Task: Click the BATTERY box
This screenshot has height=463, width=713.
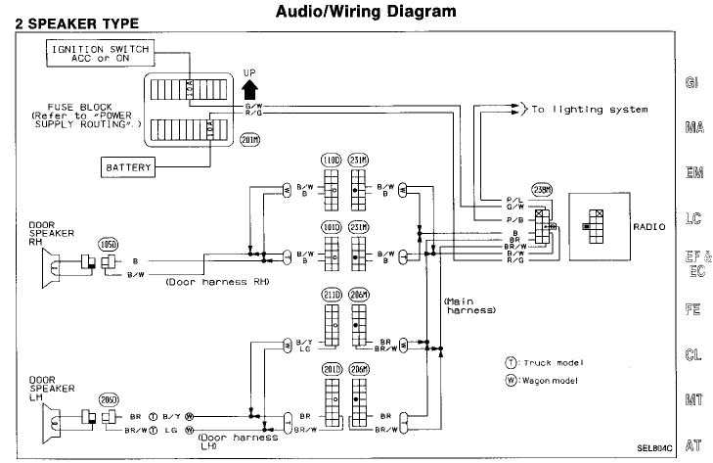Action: pos(129,167)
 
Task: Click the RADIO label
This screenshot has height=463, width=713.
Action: pos(648,226)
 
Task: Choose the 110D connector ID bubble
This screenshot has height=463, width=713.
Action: pos(331,161)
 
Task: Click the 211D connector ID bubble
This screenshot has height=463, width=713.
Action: pos(331,295)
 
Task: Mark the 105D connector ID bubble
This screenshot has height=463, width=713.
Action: pos(107,243)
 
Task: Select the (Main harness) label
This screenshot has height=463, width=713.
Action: pos(469,304)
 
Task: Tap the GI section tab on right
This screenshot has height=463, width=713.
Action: pos(691,84)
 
